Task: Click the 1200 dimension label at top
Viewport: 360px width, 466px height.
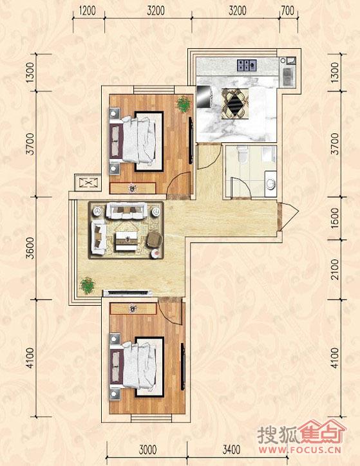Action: click(x=88, y=11)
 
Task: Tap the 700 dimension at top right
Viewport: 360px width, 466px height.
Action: click(x=287, y=11)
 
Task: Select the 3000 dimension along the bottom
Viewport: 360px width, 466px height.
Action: click(x=147, y=450)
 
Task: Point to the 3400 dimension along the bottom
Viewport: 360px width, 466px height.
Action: click(x=231, y=450)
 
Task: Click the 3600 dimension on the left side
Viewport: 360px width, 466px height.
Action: click(x=30, y=248)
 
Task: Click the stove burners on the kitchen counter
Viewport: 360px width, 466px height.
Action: click(x=247, y=66)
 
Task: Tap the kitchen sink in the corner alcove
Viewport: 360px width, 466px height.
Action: click(x=287, y=77)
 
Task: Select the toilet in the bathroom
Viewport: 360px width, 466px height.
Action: click(x=243, y=153)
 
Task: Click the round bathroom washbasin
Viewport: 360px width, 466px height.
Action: click(x=271, y=184)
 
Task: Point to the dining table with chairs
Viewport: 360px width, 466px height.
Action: click(x=236, y=104)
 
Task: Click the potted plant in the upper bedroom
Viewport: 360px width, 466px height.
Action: click(x=184, y=104)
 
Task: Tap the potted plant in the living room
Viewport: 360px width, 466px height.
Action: click(x=88, y=285)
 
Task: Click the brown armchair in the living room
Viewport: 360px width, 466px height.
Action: click(x=155, y=240)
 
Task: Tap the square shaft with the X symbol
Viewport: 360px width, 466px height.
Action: click(x=88, y=183)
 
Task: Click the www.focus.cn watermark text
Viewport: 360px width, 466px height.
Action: click(x=299, y=449)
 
